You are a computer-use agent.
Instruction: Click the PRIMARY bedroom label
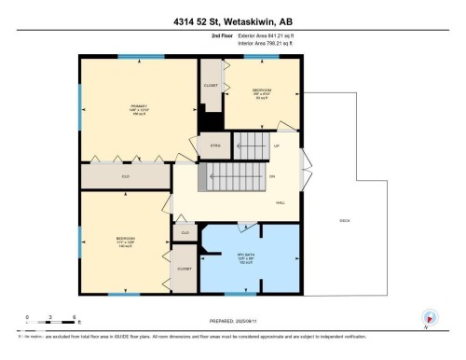point(126,108)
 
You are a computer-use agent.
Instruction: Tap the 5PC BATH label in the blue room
point(247,258)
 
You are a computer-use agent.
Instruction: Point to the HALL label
point(281,201)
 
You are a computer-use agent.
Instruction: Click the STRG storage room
point(213,145)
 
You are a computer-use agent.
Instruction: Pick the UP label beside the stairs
point(276,146)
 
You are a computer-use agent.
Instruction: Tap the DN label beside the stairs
point(273,176)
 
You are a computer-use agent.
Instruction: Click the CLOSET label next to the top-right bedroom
point(211,85)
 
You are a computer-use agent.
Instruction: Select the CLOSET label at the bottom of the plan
point(185,268)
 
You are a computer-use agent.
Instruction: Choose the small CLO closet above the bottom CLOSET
point(185,232)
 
